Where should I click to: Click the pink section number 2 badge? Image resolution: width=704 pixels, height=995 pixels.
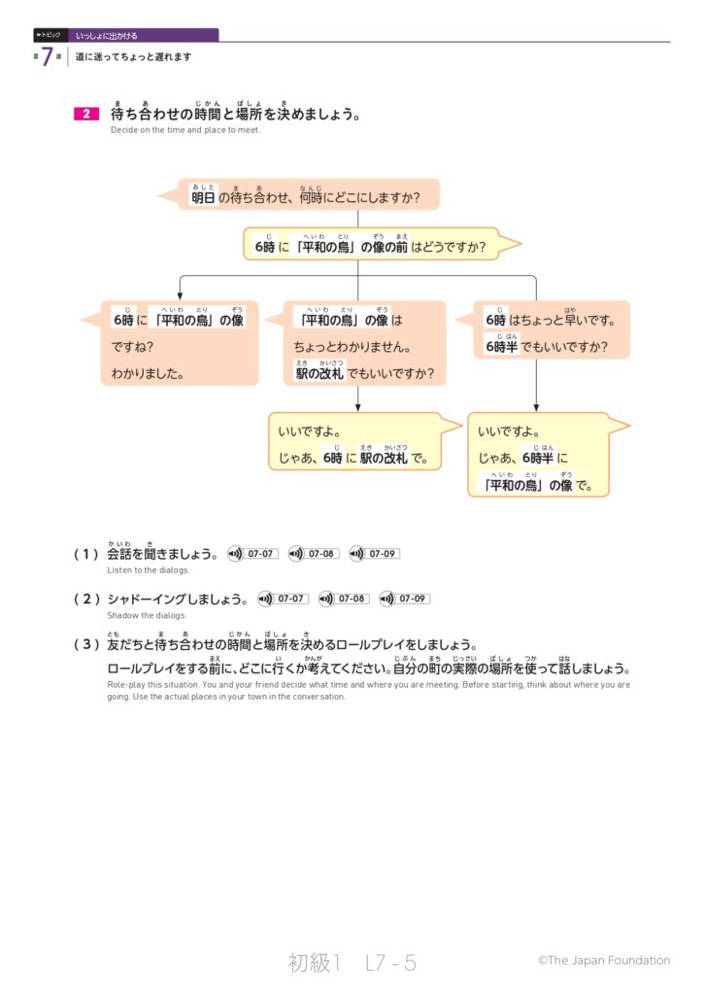86,115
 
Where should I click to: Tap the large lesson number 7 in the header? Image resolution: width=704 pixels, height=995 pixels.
47,57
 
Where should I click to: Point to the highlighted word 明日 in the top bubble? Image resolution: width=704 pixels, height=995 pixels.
203,197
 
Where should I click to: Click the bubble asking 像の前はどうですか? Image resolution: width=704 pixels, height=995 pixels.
369,246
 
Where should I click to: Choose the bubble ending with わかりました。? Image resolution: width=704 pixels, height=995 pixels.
180,344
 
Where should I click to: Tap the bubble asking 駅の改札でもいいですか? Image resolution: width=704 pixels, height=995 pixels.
364,344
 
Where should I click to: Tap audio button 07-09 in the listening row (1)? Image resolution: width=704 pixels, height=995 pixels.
374,554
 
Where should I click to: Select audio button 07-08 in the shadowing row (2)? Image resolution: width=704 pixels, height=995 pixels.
344,599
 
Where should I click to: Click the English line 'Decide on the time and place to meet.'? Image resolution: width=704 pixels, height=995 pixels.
185,130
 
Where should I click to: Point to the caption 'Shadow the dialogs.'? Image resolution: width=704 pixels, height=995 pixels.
147,615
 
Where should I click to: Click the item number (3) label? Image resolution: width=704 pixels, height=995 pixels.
86,644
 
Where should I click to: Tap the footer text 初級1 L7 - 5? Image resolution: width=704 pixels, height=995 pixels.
352,963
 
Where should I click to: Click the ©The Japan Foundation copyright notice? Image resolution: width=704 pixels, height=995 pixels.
603,960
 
